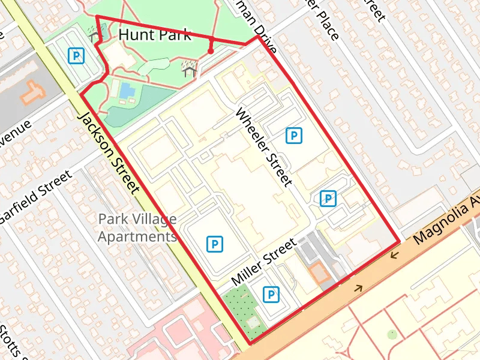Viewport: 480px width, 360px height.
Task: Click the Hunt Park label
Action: [x=155, y=34]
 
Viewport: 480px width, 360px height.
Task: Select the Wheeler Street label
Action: [x=264, y=147]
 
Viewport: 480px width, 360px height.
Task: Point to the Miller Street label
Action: [x=264, y=262]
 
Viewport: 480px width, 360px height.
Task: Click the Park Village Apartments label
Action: [x=137, y=228]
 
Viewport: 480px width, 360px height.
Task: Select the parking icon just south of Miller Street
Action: [x=272, y=294]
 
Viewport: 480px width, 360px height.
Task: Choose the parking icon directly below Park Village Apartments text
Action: [x=214, y=244]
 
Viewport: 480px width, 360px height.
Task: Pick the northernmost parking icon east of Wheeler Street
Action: [x=293, y=136]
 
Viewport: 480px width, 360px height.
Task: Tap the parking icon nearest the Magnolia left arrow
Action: [x=327, y=198]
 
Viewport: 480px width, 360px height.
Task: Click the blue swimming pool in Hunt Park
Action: [x=127, y=91]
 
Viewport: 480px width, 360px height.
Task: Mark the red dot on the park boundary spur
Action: [x=211, y=52]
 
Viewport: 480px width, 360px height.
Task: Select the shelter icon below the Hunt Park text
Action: [x=189, y=68]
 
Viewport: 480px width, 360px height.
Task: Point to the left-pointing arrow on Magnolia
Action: [x=394, y=256]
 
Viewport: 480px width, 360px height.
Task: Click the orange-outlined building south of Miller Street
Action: [x=319, y=273]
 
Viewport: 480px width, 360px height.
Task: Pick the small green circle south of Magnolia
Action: [x=392, y=333]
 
